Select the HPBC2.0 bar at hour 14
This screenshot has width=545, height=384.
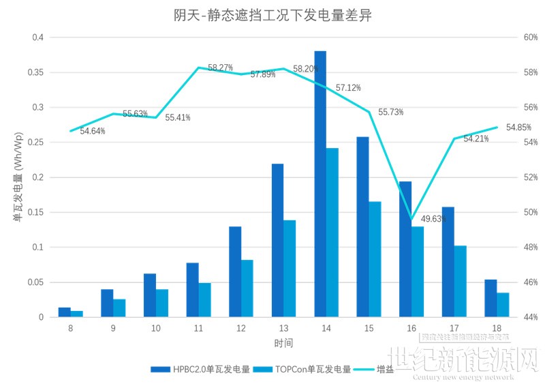320,184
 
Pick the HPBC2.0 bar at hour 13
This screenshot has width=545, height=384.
277,240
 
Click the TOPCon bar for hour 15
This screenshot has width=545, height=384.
375,259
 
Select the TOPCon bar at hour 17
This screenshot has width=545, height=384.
461,281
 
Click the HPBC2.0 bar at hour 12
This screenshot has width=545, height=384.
235,271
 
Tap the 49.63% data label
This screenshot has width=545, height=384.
434,219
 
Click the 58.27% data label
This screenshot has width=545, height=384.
220,68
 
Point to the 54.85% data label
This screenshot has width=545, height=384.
518,128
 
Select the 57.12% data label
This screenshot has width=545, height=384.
348,88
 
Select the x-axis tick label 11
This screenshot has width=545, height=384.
198,328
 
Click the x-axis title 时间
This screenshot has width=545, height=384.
284,343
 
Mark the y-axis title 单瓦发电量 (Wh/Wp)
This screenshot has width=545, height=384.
17,179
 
